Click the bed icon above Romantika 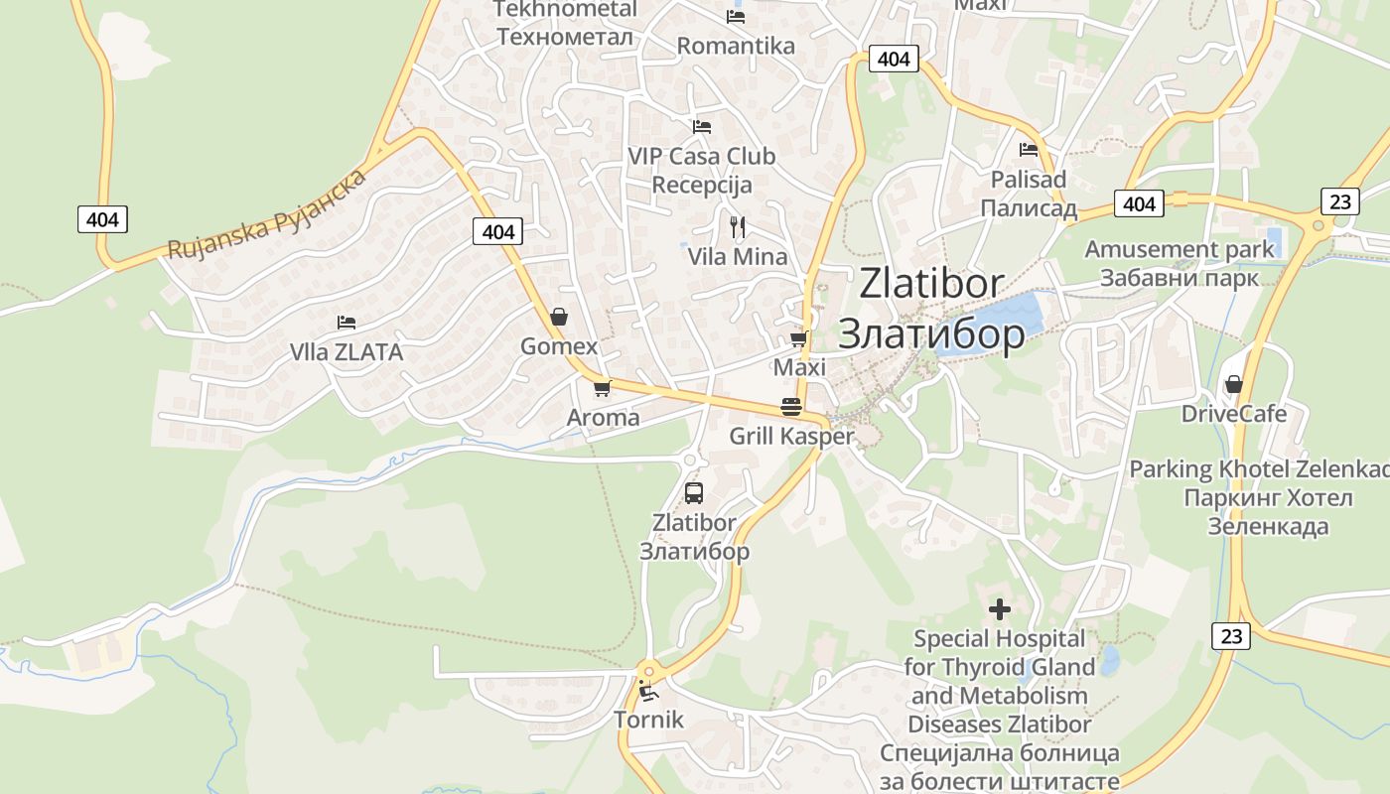735,16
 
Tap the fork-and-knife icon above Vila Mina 737,227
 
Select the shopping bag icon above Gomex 559,317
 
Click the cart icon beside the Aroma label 602,388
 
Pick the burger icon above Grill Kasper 791,406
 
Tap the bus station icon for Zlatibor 694,492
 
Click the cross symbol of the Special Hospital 1000,608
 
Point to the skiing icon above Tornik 648,691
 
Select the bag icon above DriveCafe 1233,384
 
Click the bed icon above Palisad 1029,150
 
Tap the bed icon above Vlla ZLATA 346,323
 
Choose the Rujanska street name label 266,214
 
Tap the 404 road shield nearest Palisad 1139,203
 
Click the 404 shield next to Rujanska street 102,219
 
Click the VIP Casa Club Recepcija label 702,170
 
